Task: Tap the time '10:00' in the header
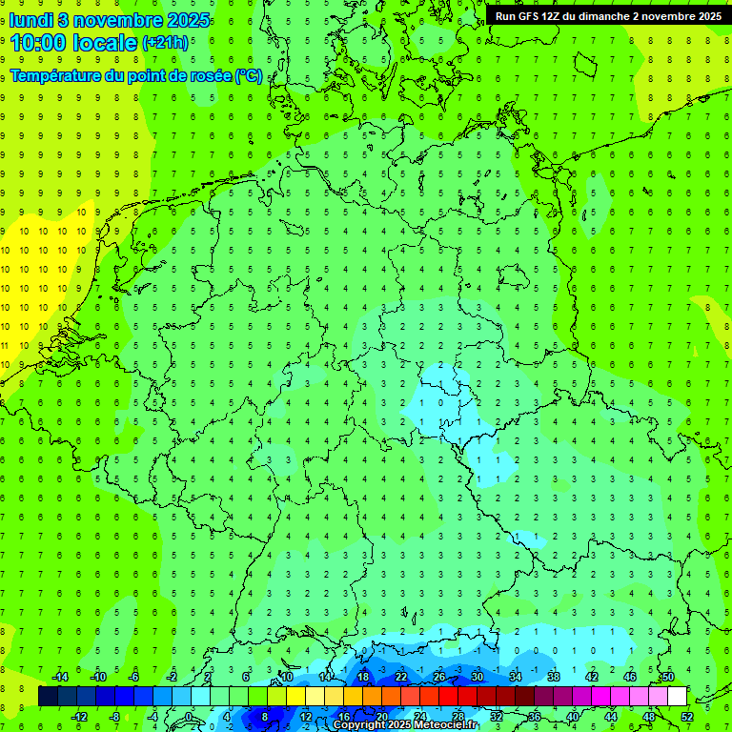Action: pyautogui.click(x=39, y=42)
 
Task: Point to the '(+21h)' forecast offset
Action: pyautogui.click(x=164, y=43)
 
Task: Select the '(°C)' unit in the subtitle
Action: pyautogui.click(x=249, y=75)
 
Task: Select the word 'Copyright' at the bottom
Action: pyautogui.click(x=359, y=725)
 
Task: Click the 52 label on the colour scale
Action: pyautogui.click(x=687, y=717)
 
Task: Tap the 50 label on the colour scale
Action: pyautogui.click(x=667, y=677)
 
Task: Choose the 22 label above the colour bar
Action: pyautogui.click(x=401, y=677)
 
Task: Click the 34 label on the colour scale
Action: pyautogui.click(x=516, y=677)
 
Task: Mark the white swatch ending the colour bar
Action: pyautogui.click(x=677, y=696)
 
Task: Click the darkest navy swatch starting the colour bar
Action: pyautogui.click(x=48, y=696)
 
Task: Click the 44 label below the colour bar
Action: pyautogui.click(x=611, y=717)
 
